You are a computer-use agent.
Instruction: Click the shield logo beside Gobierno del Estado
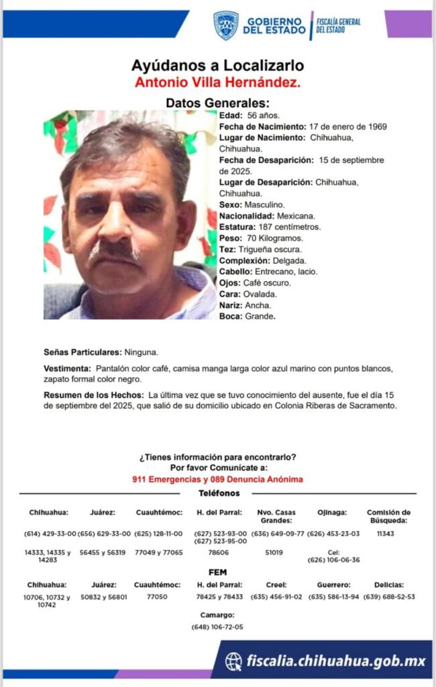pyautogui.click(x=226, y=25)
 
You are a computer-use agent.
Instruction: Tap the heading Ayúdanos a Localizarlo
pyautogui.click(x=218, y=65)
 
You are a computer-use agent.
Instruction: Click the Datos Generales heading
pyautogui.click(x=217, y=103)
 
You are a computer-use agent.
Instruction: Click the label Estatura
pyautogui.click(x=236, y=227)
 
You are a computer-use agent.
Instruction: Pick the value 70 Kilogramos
pyautogui.click(x=274, y=238)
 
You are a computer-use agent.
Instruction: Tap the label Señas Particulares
pyautogui.click(x=83, y=352)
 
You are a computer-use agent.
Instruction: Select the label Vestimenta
pyautogui.click(x=67, y=369)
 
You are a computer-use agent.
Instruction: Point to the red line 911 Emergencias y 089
pyautogui.click(x=217, y=479)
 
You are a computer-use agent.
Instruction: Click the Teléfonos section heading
pyautogui.click(x=218, y=493)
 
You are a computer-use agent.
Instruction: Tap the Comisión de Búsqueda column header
pyautogui.click(x=388, y=517)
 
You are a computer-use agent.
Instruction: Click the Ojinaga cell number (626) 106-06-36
pyautogui.click(x=333, y=560)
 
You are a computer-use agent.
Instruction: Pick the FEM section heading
pyautogui.click(x=218, y=572)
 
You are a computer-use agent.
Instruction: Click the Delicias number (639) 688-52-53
pyautogui.click(x=389, y=596)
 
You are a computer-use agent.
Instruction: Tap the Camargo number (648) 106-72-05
pyautogui.click(x=217, y=627)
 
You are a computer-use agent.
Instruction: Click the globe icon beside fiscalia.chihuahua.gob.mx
pyautogui.click(x=234, y=662)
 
